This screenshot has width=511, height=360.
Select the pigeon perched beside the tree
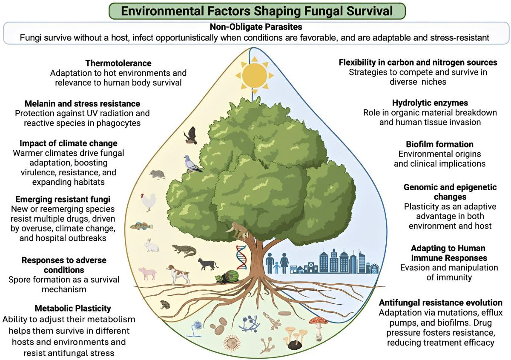point(192,164)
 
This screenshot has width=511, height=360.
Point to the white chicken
point(148,202)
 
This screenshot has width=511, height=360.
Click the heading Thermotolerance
point(118,63)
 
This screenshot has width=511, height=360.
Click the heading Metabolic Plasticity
point(67,308)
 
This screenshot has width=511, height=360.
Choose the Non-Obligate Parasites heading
point(255,27)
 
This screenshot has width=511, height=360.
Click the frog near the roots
point(164,304)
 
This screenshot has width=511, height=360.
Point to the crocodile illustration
point(185,251)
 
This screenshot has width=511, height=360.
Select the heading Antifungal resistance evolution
point(441,303)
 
